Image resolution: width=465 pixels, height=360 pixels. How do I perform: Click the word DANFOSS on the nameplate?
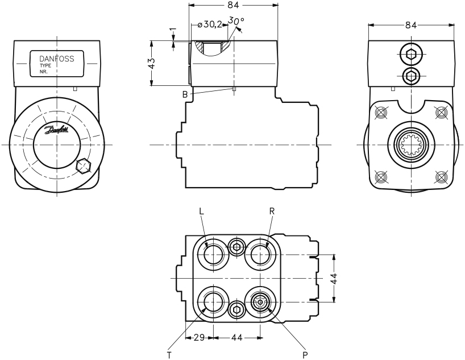click(x=56, y=59)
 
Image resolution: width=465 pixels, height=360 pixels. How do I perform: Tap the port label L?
click(x=201, y=211)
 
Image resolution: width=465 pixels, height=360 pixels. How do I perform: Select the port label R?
click(x=272, y=211)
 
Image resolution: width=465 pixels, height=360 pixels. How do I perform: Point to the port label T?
click(x=169, y=354)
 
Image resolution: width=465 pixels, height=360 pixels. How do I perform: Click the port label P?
click(x=305, y=354)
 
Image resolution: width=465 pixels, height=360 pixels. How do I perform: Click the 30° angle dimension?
click(x=236, y=21)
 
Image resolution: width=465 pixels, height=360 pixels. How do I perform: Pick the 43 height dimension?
click(x=151, y=63)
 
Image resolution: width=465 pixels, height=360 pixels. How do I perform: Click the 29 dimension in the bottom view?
click(x=198, y=338)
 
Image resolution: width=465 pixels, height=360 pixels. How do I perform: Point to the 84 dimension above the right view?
click(x=412, y=25)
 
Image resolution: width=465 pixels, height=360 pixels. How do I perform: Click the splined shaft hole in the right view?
click(x=412, y=145)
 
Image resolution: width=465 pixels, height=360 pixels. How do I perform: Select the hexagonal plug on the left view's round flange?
click(x=84, y=166)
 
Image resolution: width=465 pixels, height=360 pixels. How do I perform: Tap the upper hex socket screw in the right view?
click(x=412, y=55)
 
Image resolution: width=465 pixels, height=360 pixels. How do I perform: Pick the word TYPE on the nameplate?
click(x=45, y=66)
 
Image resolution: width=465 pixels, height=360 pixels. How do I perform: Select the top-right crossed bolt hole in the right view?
click(x=441, y=113)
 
